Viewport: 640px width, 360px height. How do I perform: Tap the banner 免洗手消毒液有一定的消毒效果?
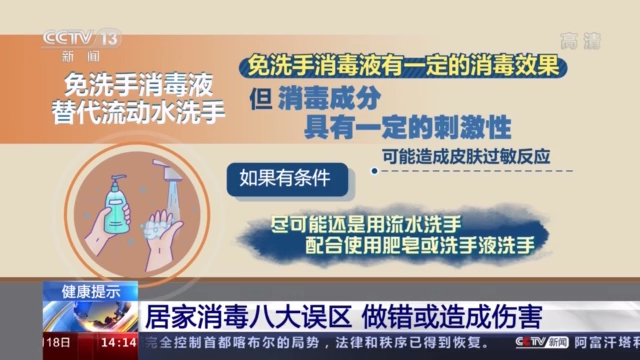tap(405, 65)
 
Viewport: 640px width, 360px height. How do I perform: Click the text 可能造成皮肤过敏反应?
tap(472, 156)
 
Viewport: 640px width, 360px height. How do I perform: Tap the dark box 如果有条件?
tap(283, 180)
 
